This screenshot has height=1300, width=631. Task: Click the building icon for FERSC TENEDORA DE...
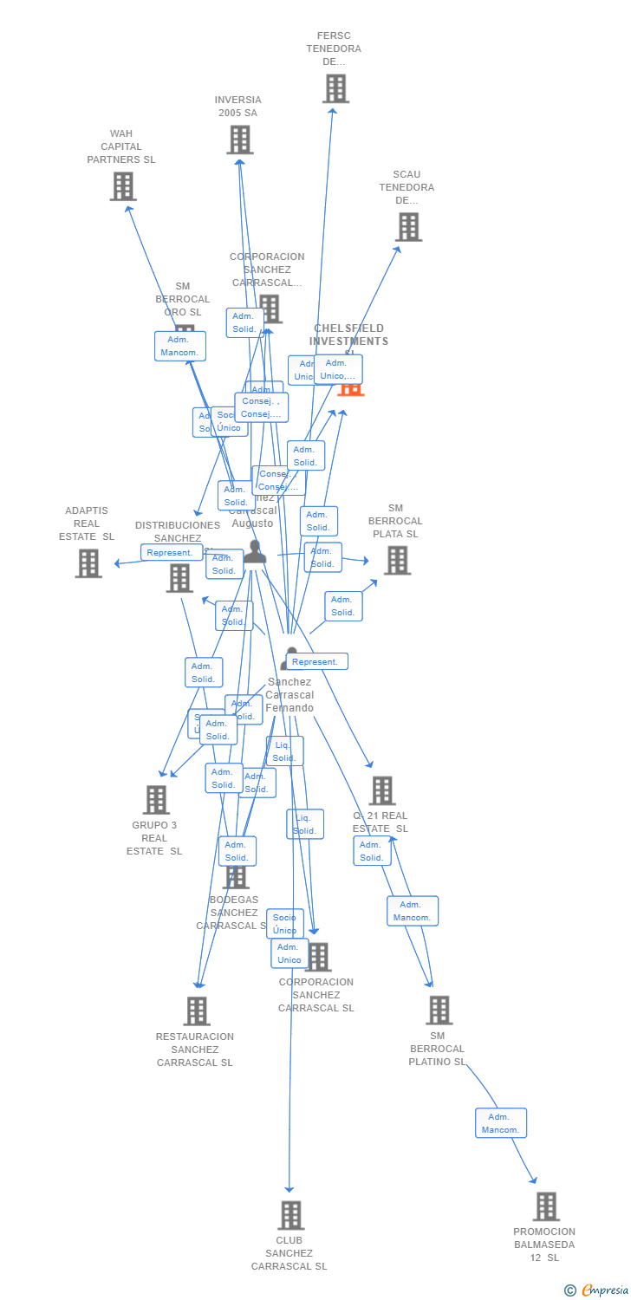coord(335,88)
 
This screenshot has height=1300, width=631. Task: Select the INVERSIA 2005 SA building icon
coord(240,140)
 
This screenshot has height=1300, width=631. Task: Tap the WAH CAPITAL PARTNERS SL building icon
coord(123,185)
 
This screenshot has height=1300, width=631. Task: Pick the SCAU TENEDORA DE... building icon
coord(408,226)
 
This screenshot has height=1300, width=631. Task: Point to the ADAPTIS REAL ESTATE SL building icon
coord(88,563)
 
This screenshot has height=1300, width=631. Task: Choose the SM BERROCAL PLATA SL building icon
coord(397,561)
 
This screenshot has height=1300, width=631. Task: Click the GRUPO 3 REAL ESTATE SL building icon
coord(156,799)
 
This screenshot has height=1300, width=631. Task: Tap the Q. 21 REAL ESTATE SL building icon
coord(381,790)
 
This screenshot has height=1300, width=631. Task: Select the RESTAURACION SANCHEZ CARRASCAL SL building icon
coord(197,1011)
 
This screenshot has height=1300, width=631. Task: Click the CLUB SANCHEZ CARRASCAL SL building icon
coord(291,1214)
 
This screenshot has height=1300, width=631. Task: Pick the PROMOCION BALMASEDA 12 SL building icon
coord(546,1206)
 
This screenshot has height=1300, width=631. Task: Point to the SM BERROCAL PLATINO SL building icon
coord(439,1010)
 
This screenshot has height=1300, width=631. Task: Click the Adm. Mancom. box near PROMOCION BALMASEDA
coord(501,1123)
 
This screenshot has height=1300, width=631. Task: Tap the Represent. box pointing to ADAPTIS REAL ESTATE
coord(171,552)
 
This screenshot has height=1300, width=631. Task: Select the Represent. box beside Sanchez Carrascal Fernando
coord(317,661)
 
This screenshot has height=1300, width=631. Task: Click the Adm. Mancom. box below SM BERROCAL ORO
coord(180,346)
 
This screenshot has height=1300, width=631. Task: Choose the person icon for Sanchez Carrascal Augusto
coord(254,551)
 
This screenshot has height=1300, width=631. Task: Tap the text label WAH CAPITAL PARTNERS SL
coord(121,146)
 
